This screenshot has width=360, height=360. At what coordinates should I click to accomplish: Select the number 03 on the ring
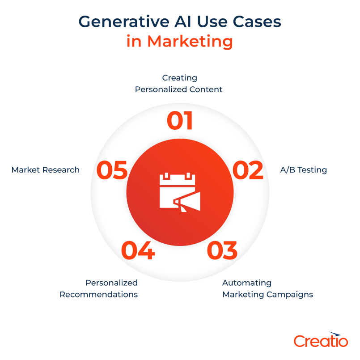[x=222, y=250]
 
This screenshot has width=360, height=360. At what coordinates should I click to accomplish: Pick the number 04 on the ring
[x=138, y=250]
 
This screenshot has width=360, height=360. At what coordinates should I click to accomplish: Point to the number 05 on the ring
[x=112, y=171]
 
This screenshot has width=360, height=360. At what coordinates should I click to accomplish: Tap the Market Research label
[x=46, y=170]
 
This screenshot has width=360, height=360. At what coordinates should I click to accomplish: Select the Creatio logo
[x=321, y=340]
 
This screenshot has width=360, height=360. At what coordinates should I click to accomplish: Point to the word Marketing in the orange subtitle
[x=190, y=41]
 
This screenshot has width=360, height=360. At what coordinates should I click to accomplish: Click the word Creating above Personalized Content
[x=179, y=78]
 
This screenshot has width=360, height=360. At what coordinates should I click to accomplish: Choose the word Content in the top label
[x=205, y=89]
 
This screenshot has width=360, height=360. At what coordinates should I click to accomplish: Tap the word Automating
[x=247, y=283]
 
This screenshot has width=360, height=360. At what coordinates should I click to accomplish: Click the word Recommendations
[x=98, y=294]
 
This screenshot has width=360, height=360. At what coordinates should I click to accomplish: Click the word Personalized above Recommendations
[x=111, y=283]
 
